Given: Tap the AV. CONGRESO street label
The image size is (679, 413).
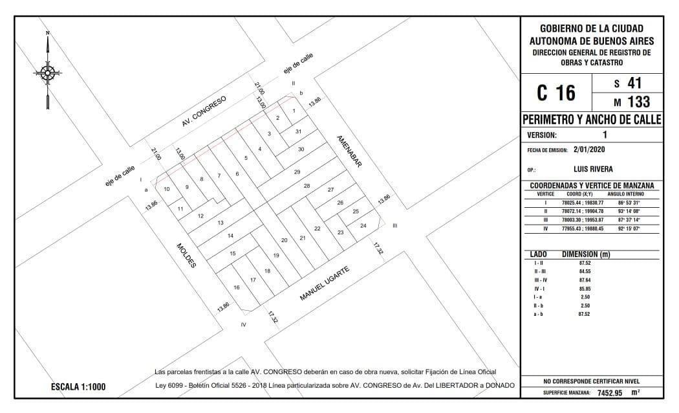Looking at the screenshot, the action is (204, 111).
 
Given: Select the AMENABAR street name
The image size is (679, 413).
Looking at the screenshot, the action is (349, 151).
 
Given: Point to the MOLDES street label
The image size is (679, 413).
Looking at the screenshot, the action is (186, 255).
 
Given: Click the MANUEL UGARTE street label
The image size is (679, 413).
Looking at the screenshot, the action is (325, 284).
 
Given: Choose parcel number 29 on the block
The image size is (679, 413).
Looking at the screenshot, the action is (297, 172).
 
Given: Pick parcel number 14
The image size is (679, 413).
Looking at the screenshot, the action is (230, 236).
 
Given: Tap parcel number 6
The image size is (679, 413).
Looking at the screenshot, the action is (237, 174).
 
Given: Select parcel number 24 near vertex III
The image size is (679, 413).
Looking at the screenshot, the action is (363, 225).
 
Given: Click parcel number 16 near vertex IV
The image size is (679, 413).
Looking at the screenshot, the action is (237, 287).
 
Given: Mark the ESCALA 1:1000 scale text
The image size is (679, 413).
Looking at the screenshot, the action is (78, 387).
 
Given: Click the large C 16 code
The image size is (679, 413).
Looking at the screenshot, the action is (556, 93).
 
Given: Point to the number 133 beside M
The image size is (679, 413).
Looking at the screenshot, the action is (639, 102).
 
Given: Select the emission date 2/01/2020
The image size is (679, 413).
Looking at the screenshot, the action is (589, 150).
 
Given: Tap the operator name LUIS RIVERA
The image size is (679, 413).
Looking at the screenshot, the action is (593, 169).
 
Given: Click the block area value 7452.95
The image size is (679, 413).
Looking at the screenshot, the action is (610, 393).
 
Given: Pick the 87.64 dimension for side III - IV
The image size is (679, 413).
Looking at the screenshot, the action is (585, 280).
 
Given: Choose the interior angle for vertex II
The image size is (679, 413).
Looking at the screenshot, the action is (629, 211).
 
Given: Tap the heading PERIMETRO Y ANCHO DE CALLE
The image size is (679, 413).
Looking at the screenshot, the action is (592, 120).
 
